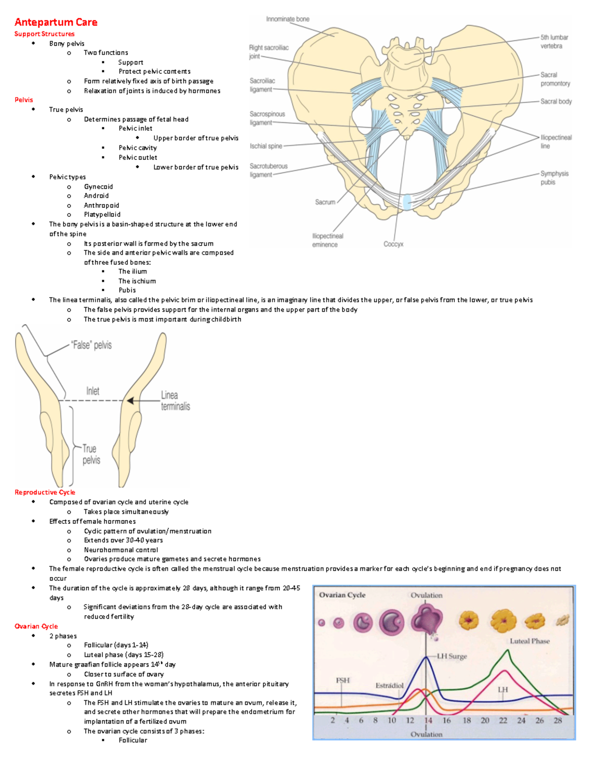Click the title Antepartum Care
56,22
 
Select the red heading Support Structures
44,34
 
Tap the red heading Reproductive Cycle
45,492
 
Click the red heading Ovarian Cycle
36,626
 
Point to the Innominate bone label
288,19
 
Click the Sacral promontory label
555,79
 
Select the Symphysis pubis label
554,178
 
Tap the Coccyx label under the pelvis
393,244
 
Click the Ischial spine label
265,146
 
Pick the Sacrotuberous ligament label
268,170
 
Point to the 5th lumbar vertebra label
554,41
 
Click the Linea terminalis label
175,400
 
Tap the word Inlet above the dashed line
92,391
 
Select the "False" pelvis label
91,345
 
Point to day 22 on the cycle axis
503,720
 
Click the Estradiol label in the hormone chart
389,685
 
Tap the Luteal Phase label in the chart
530,641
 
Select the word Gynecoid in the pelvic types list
98,186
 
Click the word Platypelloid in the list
102,214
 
